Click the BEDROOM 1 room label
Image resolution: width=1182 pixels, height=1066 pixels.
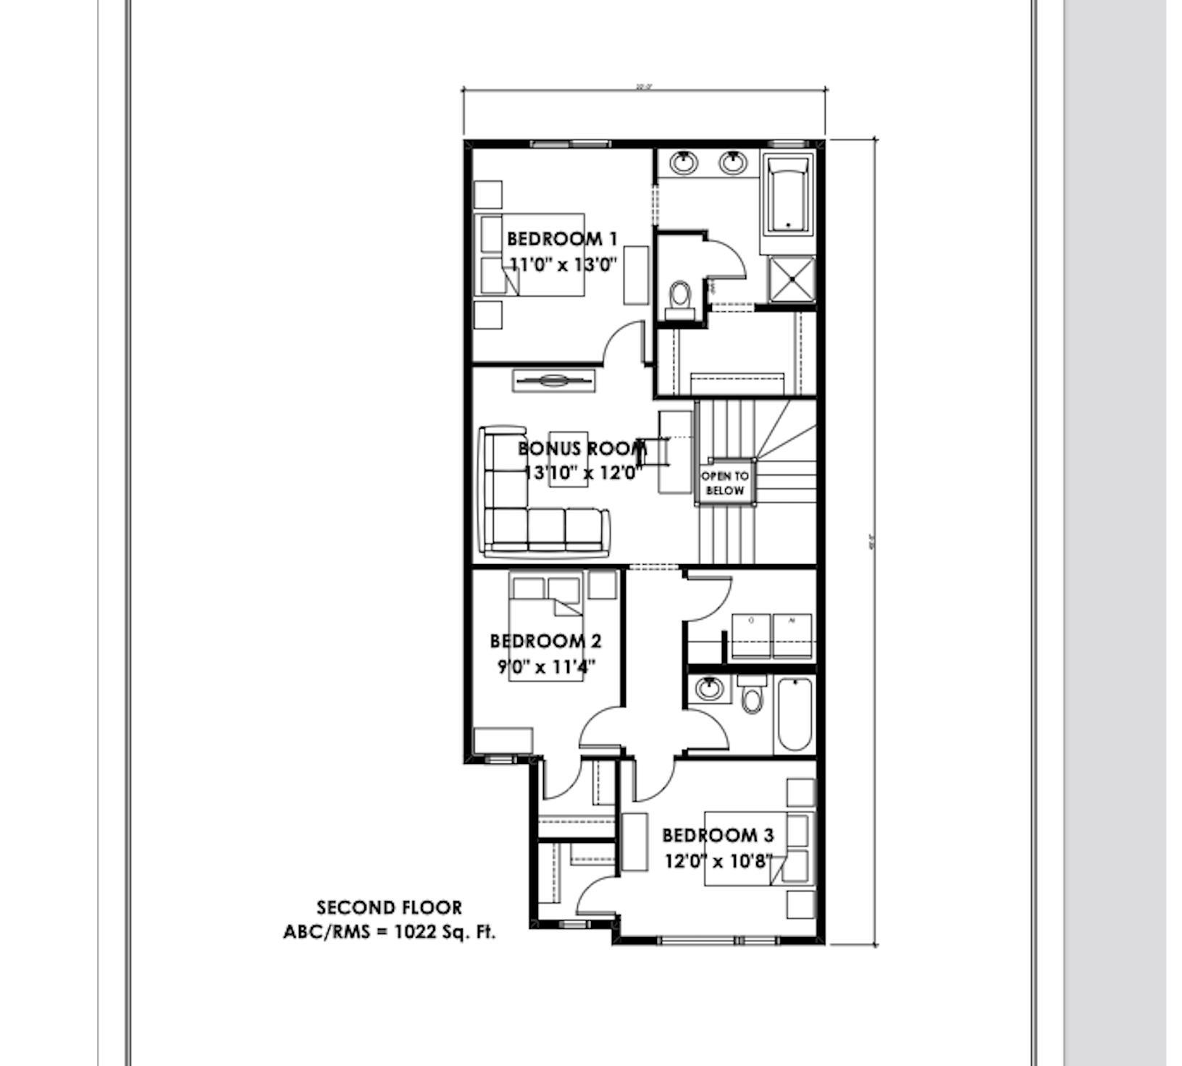tap(561, 238)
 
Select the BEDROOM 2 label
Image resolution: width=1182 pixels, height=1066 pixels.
tap(545, 641)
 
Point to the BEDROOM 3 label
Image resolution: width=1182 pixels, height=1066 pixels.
tap(718, 835)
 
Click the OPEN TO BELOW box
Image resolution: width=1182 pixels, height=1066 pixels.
tap(725, 483)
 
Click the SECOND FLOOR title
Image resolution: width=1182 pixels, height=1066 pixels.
tap(389, 907)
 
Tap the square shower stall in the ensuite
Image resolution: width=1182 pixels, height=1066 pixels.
tap(791, 279)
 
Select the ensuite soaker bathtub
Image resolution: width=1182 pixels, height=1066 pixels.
tap(787, 197)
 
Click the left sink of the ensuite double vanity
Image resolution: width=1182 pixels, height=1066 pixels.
tap(684, 162)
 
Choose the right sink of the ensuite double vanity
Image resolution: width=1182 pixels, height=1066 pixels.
tap(733, 162)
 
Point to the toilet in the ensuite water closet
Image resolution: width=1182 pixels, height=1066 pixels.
tap(679, 296)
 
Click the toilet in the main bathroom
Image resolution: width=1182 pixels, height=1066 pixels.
tap(753, 697)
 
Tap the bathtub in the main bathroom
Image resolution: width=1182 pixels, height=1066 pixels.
tap(794, 715)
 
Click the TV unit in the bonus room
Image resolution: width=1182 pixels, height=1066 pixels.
tap(553, 380)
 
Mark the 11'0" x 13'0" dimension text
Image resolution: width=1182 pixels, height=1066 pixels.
tap(563, 264)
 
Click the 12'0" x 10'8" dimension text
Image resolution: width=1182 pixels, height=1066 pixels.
tap(718, 862)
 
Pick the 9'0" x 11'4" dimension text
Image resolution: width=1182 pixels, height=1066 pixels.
tap(545, 666)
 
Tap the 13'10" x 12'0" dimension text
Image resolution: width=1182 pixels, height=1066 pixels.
tap(583, 473)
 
